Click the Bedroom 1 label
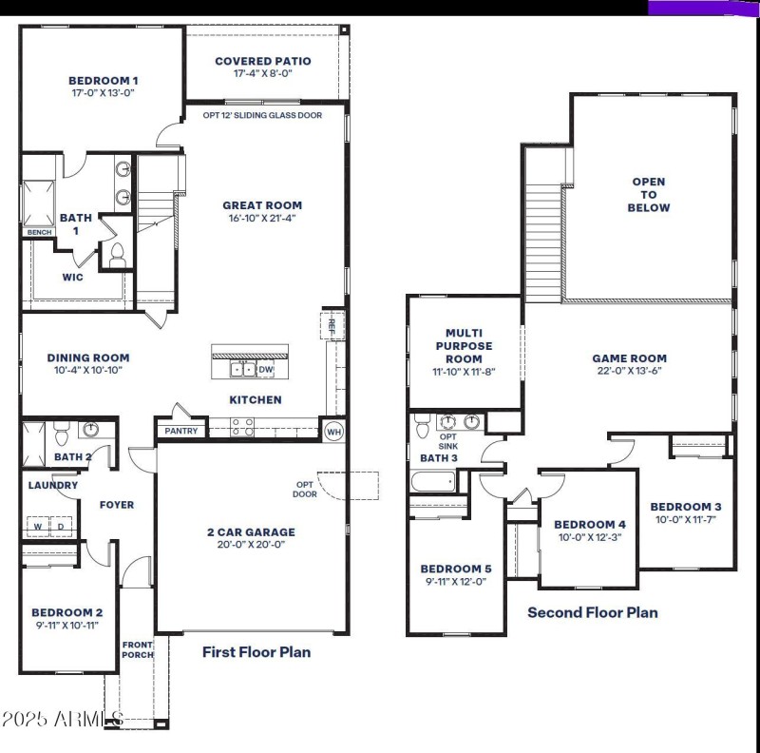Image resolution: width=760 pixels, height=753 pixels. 104,81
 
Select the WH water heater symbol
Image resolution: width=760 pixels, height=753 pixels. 333,432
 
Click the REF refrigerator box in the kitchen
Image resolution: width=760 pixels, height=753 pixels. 332,322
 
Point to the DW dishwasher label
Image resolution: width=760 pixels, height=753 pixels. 266,370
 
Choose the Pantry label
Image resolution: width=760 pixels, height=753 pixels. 181,431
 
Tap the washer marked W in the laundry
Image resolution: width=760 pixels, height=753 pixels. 39,526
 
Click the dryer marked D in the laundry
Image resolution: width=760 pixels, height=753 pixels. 60,526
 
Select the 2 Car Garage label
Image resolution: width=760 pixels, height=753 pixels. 252,532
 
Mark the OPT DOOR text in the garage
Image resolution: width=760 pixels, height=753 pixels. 305,489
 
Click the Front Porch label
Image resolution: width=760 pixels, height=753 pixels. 137,649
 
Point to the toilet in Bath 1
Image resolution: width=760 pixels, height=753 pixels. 118,255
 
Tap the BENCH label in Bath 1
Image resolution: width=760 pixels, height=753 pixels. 39,232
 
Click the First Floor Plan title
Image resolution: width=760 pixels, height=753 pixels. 256,652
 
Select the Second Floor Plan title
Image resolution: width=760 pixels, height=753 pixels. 592,612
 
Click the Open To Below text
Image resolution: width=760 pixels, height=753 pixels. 649,194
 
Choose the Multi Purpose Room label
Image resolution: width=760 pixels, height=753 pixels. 464,346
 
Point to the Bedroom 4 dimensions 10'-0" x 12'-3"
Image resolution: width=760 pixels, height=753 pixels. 590,538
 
